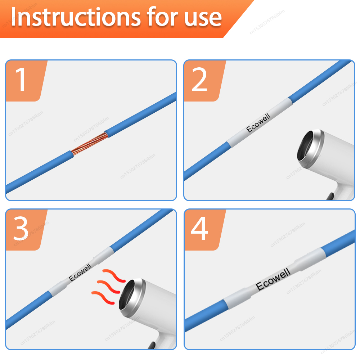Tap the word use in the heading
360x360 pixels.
click(x=203, y=18)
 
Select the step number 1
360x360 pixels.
click(x=21, y=79)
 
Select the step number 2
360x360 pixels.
click(x=199, y=79)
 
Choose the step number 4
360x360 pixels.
click(x=199, y=229)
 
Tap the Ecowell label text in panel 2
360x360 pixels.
click(x=258, y=123)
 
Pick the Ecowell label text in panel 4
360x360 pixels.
click(x=273, y=279)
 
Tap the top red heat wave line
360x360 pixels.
click(x=114, y=275)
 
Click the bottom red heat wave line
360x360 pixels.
click(x=103, y=298)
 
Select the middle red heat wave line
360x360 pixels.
click(x=109, y=287)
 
